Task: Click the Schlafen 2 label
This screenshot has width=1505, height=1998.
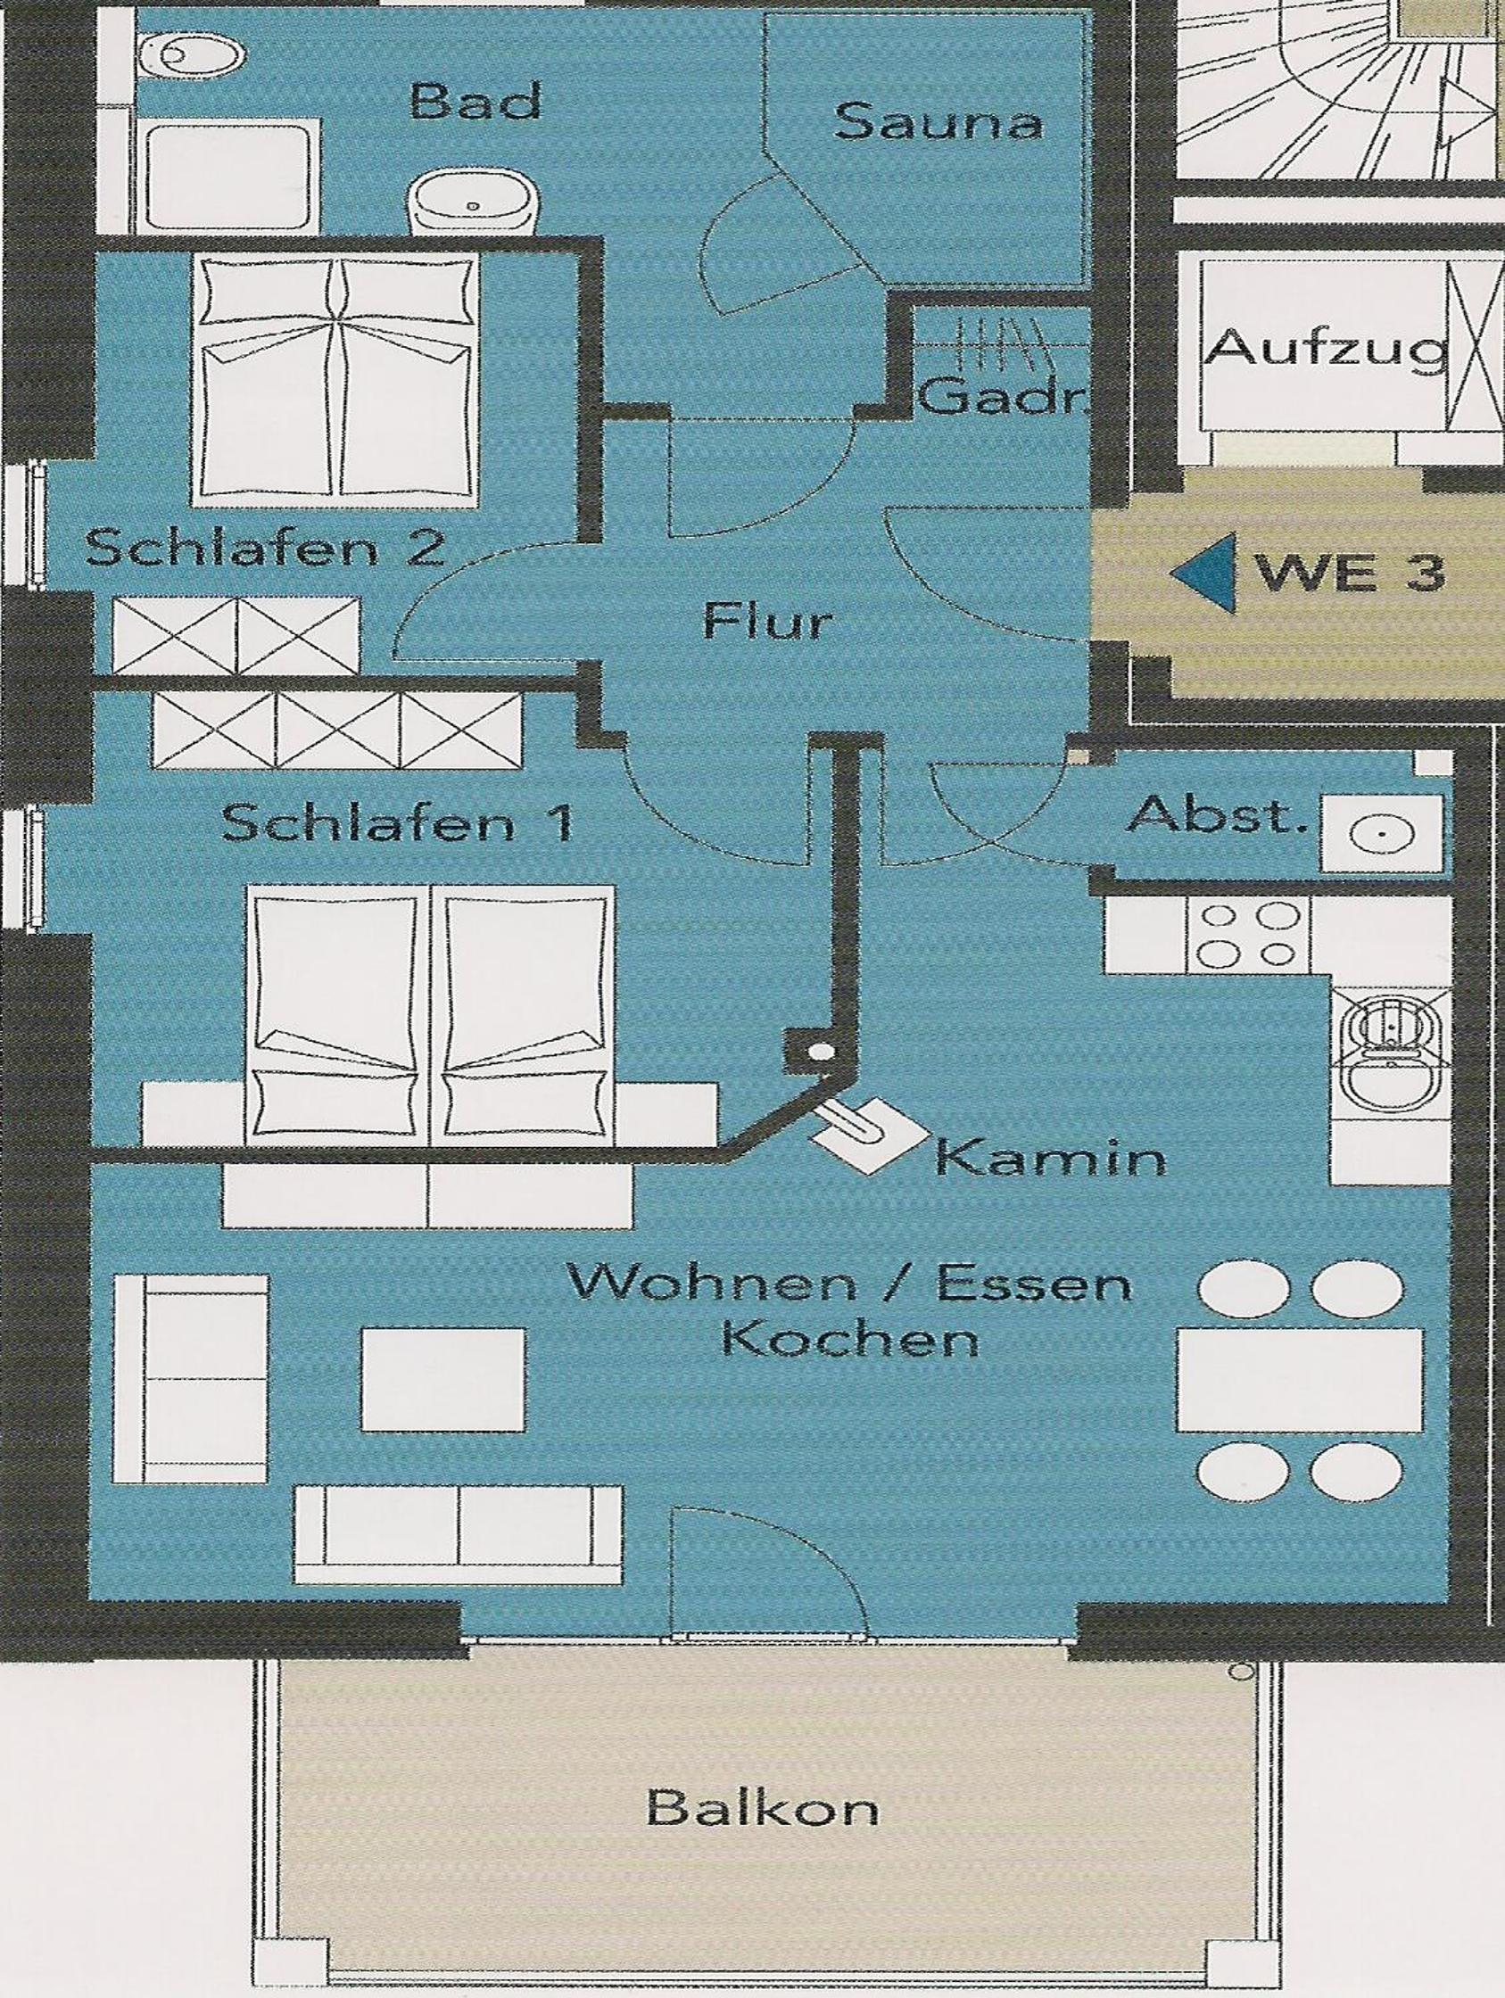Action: point(265,548)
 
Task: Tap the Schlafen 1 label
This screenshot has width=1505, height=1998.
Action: point(398,824)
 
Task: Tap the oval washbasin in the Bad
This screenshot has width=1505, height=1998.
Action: point(475,201)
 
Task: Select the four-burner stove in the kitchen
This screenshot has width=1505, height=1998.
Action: point(1245,934)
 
